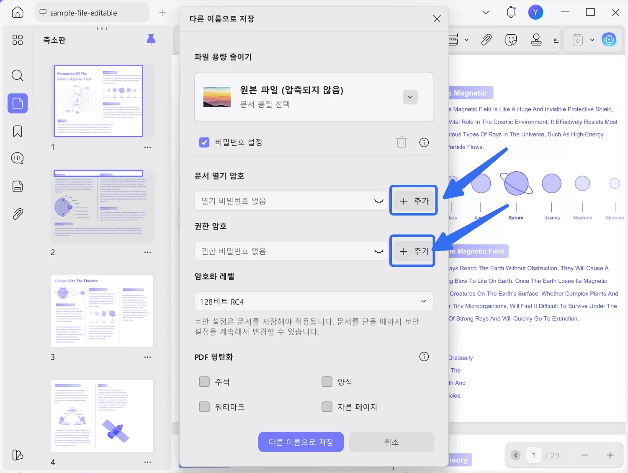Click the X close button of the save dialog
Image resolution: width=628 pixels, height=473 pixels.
point(437,19)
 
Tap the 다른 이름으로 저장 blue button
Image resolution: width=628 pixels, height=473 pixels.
point(301,442)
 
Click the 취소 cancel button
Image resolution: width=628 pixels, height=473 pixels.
point(391,442)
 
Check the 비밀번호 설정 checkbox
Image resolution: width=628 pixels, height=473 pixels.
point(204,142)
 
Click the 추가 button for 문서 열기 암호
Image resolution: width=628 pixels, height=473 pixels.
point(414,201)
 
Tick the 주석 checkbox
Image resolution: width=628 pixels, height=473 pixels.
point(204,382)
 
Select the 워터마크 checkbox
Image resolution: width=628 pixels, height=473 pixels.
point(204,407)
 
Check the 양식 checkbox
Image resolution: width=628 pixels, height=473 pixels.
point(327,382)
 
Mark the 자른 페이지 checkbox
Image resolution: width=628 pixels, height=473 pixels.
point(327,407)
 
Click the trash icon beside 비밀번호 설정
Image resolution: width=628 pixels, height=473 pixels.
point(401,142)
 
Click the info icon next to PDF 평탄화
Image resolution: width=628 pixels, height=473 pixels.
point(424,357)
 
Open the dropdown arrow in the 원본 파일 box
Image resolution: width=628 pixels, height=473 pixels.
point(410,97)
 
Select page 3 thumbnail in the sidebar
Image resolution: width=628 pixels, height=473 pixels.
point(102,311)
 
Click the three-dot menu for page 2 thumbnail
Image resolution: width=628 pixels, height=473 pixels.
point(147,252)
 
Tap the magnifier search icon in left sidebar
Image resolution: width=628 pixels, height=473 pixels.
point(18,75)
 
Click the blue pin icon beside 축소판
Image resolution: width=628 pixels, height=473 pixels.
point(151,40)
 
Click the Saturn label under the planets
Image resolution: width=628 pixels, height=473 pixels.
point(516,218)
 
